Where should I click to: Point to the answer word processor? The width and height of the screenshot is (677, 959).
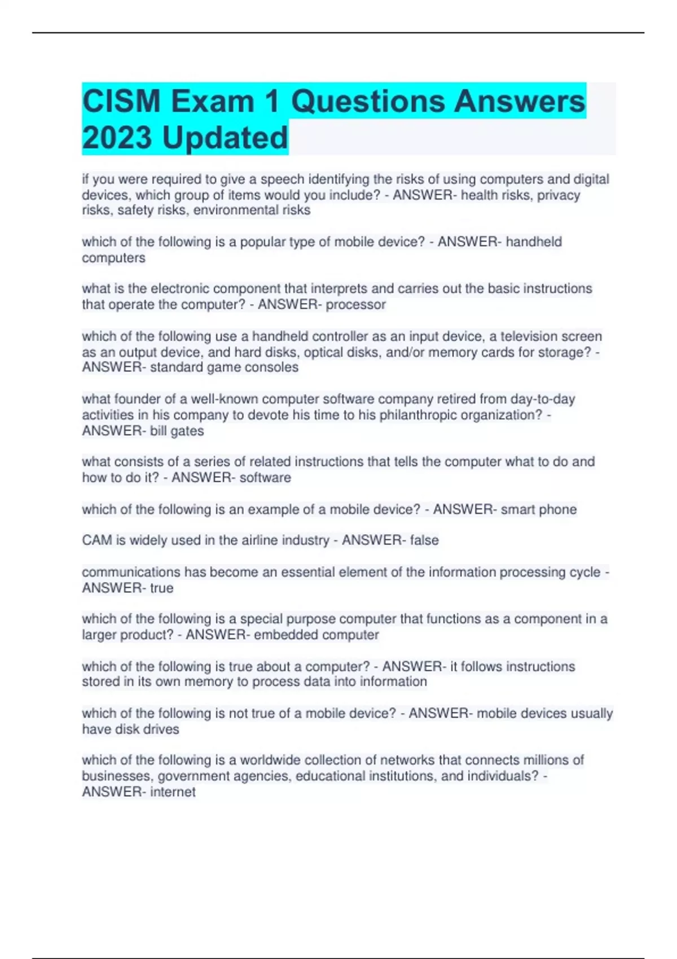point(355,305)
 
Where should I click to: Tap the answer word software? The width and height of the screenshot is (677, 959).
point(265,478)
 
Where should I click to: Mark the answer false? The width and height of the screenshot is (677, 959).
point(424,540)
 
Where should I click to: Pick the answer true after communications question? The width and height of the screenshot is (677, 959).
point(161,588)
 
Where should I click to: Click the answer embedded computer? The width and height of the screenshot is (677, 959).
point(316,635)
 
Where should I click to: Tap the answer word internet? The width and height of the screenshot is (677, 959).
point(173,792)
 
